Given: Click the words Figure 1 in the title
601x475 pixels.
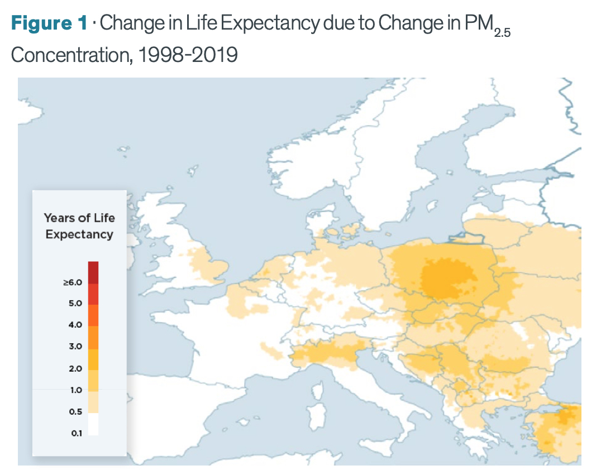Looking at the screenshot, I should point(49,23).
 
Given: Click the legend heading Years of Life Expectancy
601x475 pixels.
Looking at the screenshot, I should point(79,226).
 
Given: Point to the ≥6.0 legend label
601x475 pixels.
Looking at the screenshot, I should point(73,282).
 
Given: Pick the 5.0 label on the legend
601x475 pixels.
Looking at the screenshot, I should point(75,304).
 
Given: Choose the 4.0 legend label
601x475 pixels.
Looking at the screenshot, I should point(75,325).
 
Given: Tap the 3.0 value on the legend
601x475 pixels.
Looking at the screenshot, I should point(75,347).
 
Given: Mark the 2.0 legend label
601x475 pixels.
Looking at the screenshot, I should point(75,368).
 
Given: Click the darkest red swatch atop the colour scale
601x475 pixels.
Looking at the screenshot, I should point(93,272).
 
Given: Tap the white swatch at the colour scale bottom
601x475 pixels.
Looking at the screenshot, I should point(93,424).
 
